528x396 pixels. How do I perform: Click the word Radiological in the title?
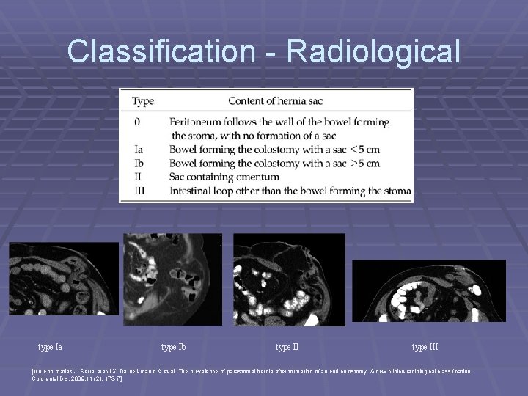(x=375, y=51)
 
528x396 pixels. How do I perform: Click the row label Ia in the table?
(x=137, y=149)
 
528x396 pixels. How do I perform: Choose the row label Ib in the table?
(x=138, y=163)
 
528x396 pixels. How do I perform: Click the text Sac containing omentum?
(x=224, y=177)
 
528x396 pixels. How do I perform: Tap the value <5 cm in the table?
(x=365, y=149)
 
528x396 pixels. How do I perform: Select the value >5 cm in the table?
(x=365, y=163)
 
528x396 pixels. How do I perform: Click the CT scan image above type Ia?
(x=63, y=279)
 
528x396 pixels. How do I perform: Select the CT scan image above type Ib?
(x=175, y=279)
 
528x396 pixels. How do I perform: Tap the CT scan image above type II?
(x=287, y=279)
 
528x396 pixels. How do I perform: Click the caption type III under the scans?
(x=425, y=346)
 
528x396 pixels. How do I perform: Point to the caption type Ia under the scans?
(x=51, y=346)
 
